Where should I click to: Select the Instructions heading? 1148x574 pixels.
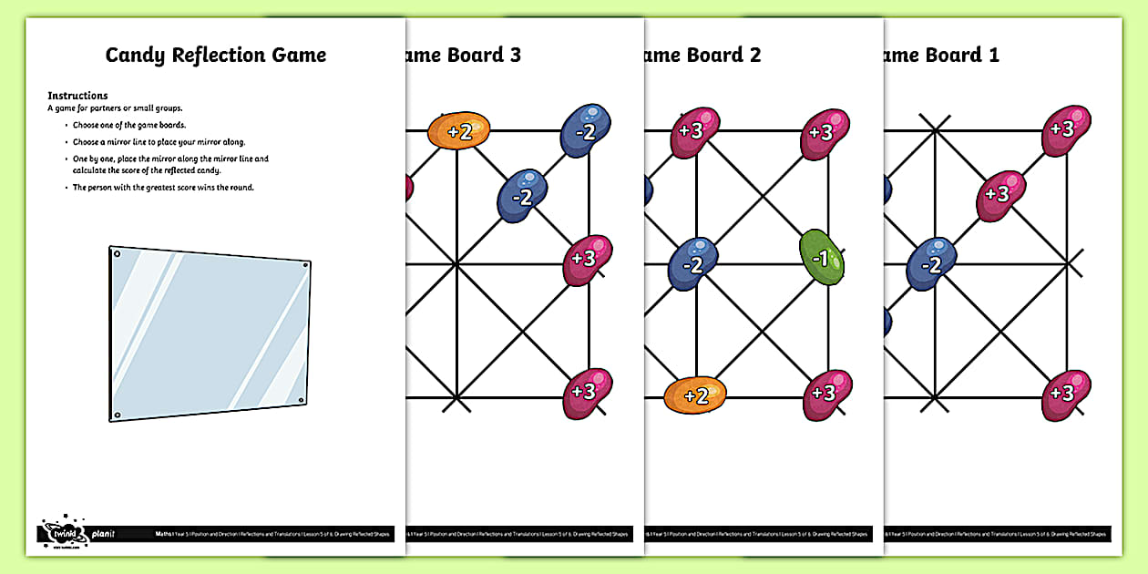pos(77,96)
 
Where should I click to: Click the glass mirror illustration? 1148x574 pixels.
pos(210,333)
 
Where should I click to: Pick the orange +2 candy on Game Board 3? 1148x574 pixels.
pos(459,131)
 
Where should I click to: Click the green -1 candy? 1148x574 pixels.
pos(822,259)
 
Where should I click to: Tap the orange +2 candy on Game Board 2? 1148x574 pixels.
pos(695,395)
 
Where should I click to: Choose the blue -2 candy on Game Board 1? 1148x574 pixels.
pos(931,264)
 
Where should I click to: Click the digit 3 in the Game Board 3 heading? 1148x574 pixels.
pos(515,55)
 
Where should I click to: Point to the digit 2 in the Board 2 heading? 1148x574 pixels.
pos(754,55)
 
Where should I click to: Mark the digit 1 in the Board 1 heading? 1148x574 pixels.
pos(993,55)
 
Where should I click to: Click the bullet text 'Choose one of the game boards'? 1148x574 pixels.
pos(130,125)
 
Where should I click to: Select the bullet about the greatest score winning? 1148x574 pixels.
pos(163,188)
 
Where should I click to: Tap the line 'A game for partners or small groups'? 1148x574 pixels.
pos(115,108)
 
